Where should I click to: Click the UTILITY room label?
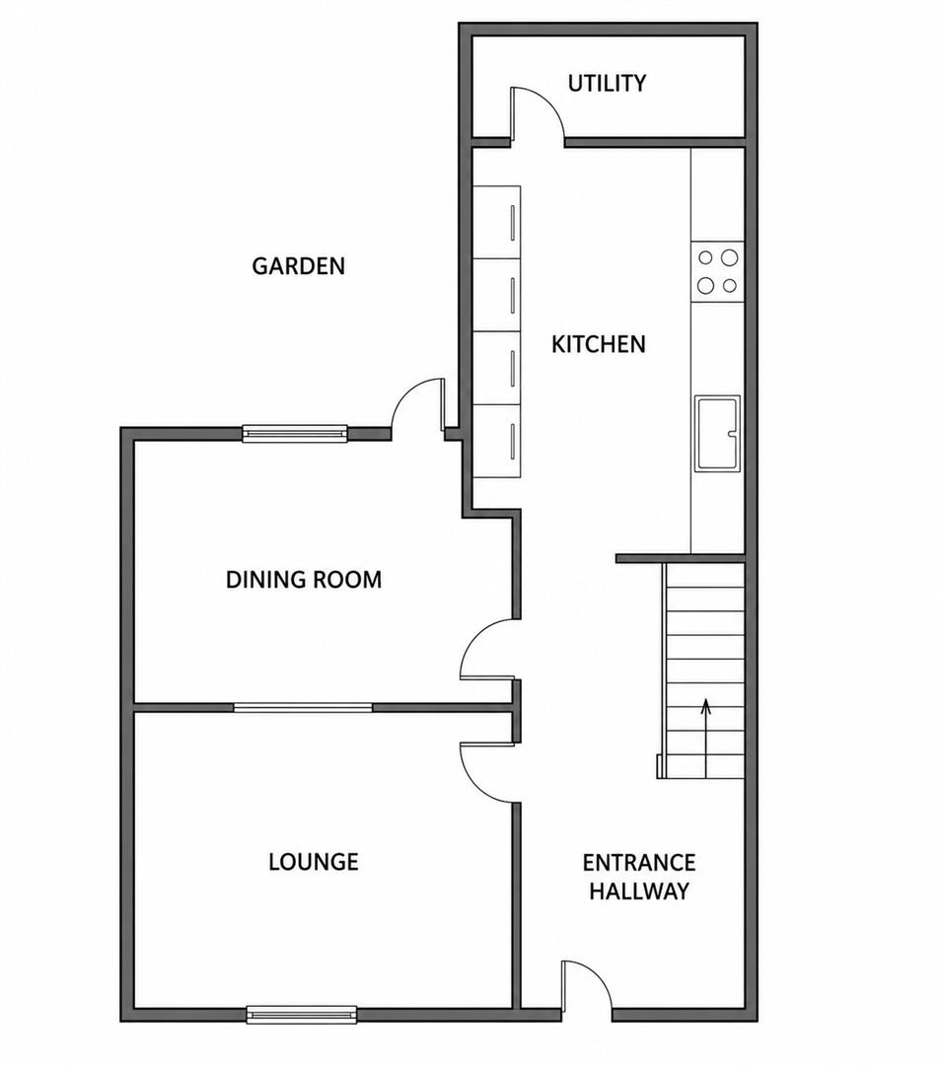[607, 83]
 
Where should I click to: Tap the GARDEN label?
[298, 265]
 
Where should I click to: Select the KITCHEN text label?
[598, 344]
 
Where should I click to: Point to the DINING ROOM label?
[304, 580]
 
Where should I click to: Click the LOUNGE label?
[314, 862]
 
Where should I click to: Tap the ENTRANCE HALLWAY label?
[639, 877]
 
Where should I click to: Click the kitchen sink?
[717, 433]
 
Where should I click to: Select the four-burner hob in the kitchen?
[717, 272]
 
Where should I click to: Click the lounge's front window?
[301, 1015]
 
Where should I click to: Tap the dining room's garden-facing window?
[295, 433]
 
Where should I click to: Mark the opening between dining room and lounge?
[303, 708]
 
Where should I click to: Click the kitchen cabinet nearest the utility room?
[496, 222]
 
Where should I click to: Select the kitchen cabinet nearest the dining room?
[496, 442]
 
